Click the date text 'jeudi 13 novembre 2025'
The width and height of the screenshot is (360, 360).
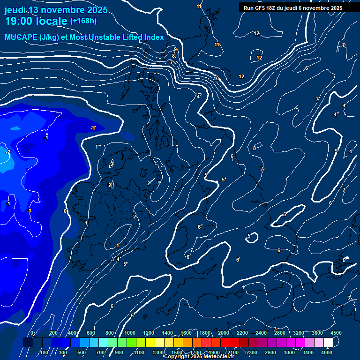(56, 10)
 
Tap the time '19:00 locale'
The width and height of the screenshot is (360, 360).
(36, 21)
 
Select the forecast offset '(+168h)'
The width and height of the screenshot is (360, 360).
(83, 21)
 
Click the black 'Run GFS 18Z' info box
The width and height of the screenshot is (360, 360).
(293, 8)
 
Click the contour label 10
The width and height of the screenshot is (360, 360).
(216, 78)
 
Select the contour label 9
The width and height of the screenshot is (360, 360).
(175, 49)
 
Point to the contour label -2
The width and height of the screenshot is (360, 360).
(8, 152)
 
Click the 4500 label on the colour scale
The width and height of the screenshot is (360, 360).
(336, 333)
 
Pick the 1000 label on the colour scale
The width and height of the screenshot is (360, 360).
(130, 333)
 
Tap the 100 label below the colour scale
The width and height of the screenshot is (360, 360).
(44, 352)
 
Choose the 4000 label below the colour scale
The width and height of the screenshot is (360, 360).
(327, 352)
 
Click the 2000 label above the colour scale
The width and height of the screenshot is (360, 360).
(224, 333)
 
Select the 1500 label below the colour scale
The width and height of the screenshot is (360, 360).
(177, 352)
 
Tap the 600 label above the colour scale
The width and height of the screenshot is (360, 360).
(91, 333)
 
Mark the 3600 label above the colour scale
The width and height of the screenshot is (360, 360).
(317, 333)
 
